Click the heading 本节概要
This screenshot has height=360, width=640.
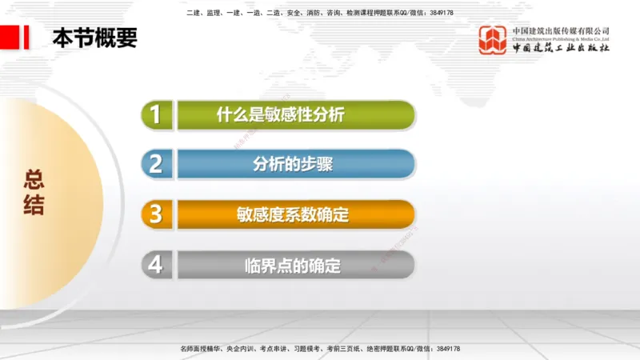94,38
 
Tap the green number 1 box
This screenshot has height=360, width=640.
156,114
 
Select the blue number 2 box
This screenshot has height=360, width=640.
156,164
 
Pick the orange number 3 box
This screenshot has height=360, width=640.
156,214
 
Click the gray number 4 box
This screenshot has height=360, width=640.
156,264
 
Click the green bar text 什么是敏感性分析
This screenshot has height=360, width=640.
280,114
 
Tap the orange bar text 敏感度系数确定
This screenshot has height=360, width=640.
293,214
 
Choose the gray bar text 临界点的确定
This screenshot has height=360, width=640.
293,265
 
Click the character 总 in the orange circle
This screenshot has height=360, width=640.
34,178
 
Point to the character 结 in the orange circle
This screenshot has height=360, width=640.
34,206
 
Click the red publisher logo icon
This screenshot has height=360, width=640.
493,40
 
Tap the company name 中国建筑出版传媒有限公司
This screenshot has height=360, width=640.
561,30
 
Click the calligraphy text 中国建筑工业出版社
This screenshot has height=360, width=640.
561,48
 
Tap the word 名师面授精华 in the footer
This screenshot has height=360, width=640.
199,349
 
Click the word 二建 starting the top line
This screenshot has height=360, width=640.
192,13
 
